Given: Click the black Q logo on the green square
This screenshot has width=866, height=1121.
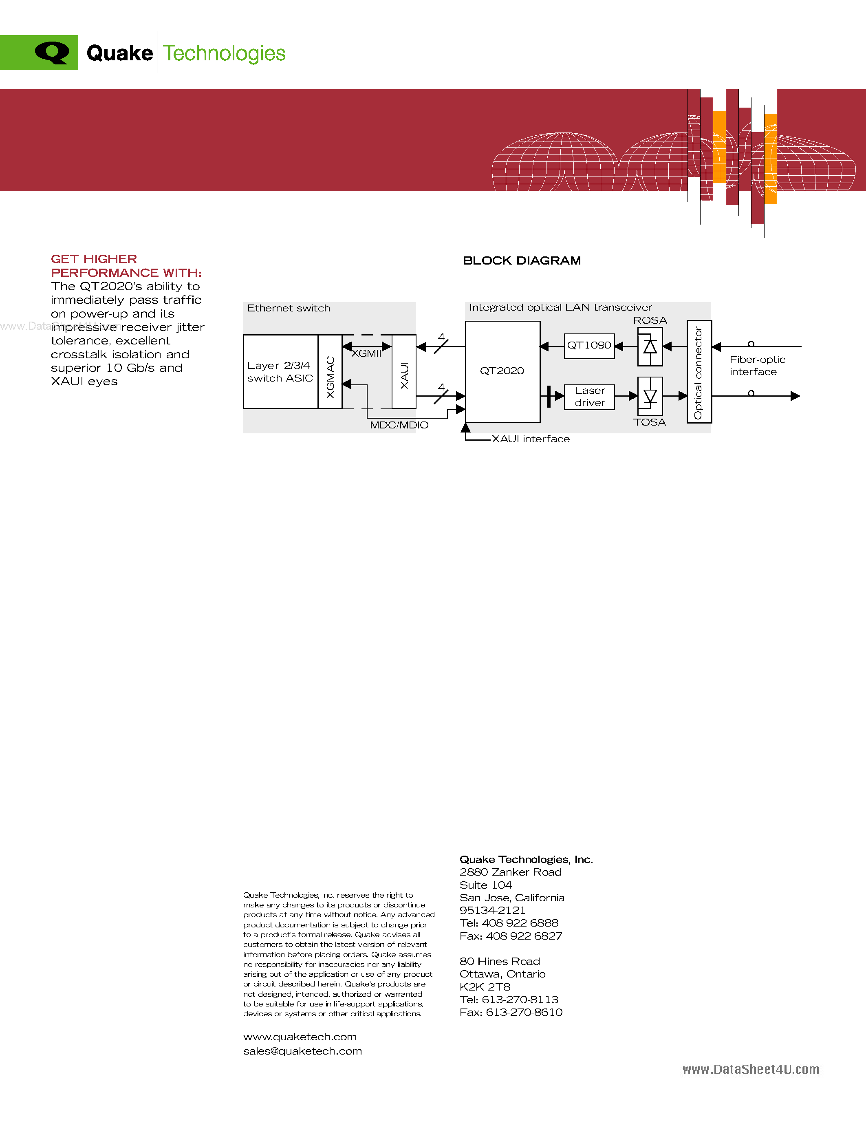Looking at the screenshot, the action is pyautogui.click(x=52, y=52).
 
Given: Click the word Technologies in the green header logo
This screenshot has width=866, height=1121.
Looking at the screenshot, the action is pyautogui.click(x=224, y=53).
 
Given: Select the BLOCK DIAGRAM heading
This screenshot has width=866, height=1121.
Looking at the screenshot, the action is pyautogui.click(x=522, y=261).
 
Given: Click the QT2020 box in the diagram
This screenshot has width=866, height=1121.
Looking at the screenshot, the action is pyautogui.click(x=502, y=371).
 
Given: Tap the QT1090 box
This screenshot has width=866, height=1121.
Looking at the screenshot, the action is pyautogui.click(x=589, y=345).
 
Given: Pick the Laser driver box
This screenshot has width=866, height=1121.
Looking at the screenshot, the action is pyautogui.click(x=589, y=397).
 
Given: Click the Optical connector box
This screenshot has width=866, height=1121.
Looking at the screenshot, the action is pyautogui.click(x=699, y=372).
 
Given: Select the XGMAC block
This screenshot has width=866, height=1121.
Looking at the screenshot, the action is pyautogui.click(x=330, y=372).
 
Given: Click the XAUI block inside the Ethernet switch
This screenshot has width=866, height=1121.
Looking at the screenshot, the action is pyautogui.click(x=404, y=372).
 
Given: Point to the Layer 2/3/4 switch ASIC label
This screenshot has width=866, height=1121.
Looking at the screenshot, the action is pyautogui.click(x=280, y=372).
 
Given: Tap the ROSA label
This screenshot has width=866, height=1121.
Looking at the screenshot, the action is pyautogui.click(x=650, y=320).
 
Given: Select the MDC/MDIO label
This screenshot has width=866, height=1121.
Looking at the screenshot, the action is pyautogui.click(x=399, y=425).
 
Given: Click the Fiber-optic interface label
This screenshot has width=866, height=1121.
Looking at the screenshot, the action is pyautogui.click(x=757, y=366).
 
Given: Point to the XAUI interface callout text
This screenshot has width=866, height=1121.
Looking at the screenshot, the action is pyautogui.click(x=531, y=439).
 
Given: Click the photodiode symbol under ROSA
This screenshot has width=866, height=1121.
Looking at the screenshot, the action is pyautogui.click(x=650, y=347).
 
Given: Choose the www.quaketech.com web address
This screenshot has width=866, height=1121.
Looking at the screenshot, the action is pyautogui.click(x=300, y=1037).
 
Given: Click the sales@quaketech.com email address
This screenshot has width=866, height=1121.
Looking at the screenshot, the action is pyautogui.click(x=302, y=1051).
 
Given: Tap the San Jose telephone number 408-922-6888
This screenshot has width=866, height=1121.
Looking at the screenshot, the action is pyautogui.click(x=520, y=923).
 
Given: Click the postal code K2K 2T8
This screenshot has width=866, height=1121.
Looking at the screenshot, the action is pyautogui.click(x=485, y=986).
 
